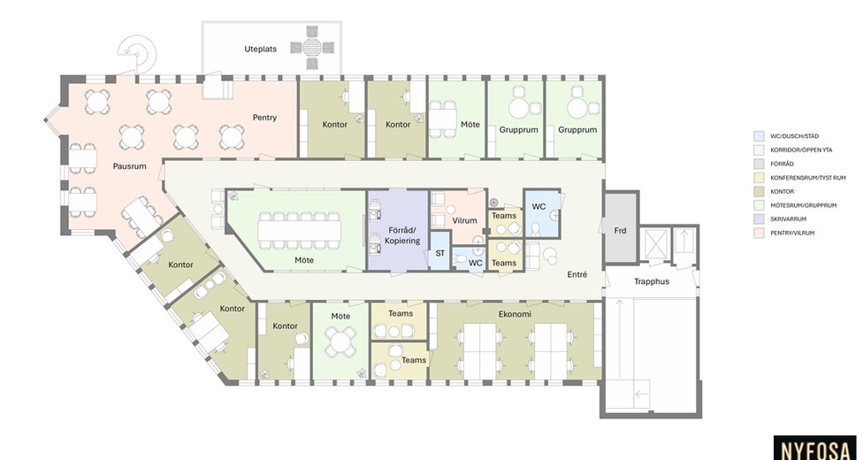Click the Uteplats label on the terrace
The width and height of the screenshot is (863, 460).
point(260,49)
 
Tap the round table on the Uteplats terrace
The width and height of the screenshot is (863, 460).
point(311,48)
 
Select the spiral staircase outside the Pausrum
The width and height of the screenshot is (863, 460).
point(138,53)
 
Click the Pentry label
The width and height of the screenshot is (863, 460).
point(264,118)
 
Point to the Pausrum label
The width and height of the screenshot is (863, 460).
point(130,165)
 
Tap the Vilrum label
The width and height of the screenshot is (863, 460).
point(464,220)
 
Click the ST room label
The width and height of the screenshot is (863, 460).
point(439,254)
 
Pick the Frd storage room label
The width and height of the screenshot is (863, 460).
point(621,231)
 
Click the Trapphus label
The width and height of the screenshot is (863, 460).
point(652,281)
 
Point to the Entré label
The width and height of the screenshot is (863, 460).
point(577,274)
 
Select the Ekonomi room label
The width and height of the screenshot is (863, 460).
point(515,314)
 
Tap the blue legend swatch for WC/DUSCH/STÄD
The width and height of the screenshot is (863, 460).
point(759,136)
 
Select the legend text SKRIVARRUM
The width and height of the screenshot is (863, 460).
point(788,219)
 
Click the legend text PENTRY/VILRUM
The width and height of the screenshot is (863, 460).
point(792,233)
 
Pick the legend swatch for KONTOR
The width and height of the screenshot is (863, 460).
point(759,191)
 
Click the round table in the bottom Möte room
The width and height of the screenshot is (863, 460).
point(340,341)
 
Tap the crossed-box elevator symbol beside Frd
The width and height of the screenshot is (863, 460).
point(656,243)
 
